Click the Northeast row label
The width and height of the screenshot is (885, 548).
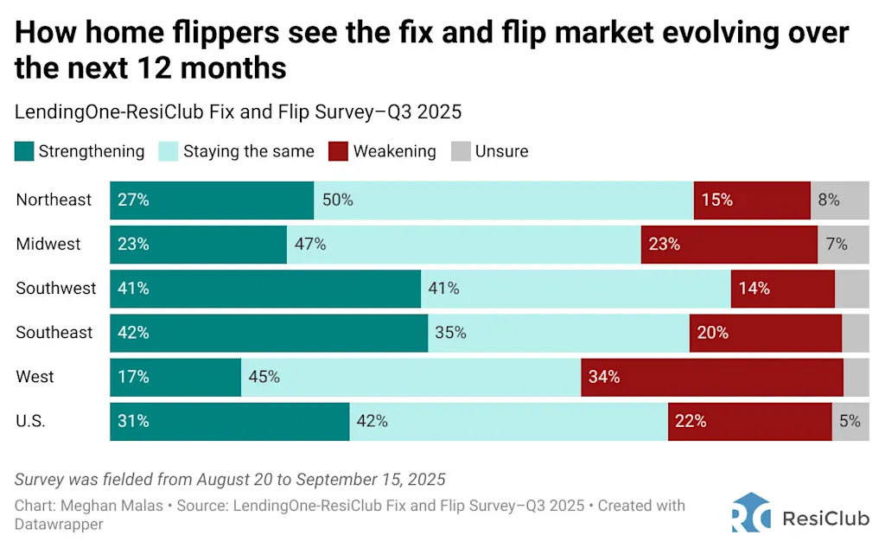click(x=54, y=200)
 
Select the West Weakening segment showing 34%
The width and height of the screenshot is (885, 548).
click(x=711, y=377)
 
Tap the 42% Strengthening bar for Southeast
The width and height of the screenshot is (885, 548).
click(x=269, y=333)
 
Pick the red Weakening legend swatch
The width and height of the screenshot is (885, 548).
click(x=337, y=152)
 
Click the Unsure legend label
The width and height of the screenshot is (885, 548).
click(x=501, y=152)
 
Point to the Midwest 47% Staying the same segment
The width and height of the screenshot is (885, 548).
click(x=463, y=244)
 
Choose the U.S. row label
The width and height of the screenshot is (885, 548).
click(x=31, y=422)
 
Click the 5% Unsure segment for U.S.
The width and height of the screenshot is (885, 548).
click(x=850, y=422)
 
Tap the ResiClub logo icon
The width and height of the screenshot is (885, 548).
click(x=750, y=513)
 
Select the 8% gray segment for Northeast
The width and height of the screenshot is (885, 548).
click(x=839, y=200)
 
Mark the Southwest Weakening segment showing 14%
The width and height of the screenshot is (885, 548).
click(x=782, y=288)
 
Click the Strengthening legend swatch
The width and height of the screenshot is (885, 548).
click(x=24, y=152)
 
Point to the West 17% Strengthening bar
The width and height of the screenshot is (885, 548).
click(x=175, y=377)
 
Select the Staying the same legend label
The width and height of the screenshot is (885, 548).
click(x=248, y=152)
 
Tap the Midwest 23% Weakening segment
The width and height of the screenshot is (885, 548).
click(x=729, y=244)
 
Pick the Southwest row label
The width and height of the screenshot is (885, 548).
click(x=56, y=288)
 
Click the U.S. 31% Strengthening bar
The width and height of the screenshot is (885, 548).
click(x=229, y=422)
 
